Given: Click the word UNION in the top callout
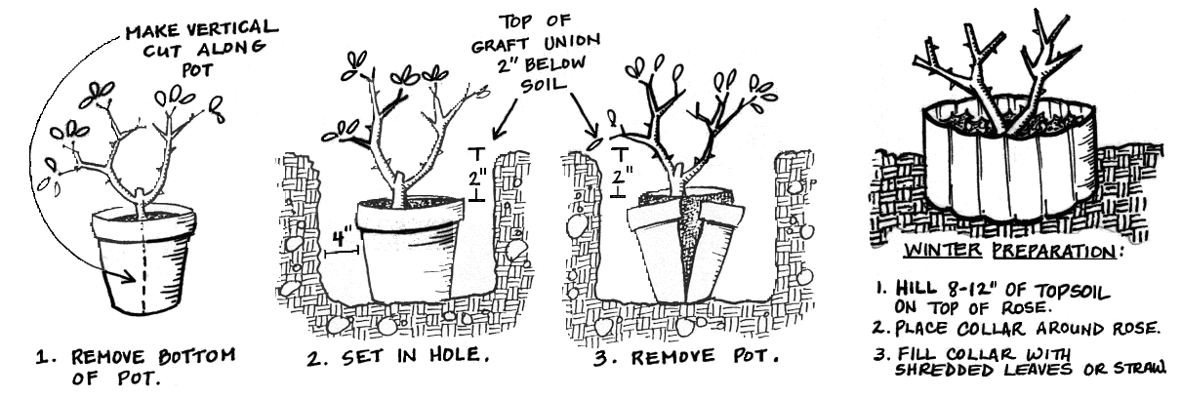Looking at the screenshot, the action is [x=572, y=41].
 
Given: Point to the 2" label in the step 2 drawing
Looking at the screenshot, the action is [x=477, y=179].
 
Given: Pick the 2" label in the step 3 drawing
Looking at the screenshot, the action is [x=622, y=175].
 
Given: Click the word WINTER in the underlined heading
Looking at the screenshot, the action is [x=943, y=250].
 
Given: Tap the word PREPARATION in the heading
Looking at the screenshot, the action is [x=1054, y=252].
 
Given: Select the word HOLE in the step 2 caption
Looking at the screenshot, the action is [x=455, y=355].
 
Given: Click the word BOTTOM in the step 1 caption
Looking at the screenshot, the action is [x=197, y=357].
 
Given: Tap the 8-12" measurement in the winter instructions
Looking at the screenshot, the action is [x=973, y=289].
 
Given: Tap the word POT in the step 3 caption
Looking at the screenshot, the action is [x=755, y=357].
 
